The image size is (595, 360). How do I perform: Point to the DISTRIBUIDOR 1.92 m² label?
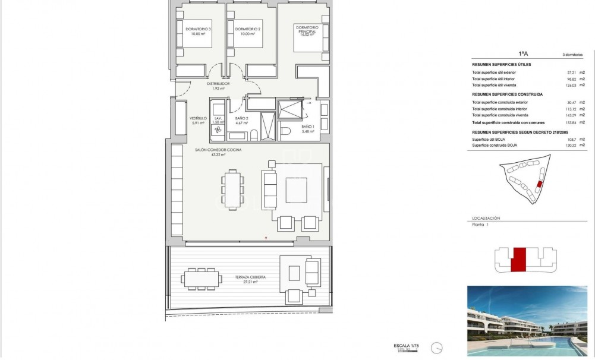218,86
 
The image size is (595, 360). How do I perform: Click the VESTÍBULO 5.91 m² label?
198,121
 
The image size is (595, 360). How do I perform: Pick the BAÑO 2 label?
241,121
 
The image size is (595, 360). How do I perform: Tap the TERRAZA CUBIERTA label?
249,279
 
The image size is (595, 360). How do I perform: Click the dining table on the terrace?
200,278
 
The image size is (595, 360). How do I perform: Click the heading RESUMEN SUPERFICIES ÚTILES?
501,64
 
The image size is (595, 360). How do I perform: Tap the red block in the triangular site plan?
539,185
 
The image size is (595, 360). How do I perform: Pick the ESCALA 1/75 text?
407,345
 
